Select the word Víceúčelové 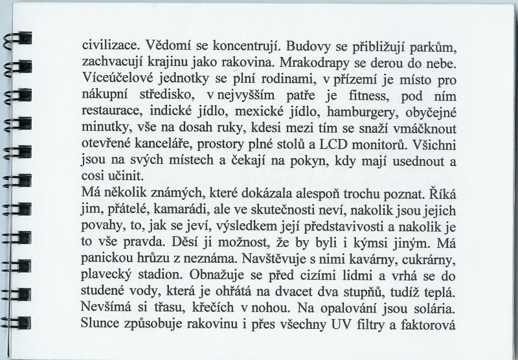pyautogui.click(x=120, y=80)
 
